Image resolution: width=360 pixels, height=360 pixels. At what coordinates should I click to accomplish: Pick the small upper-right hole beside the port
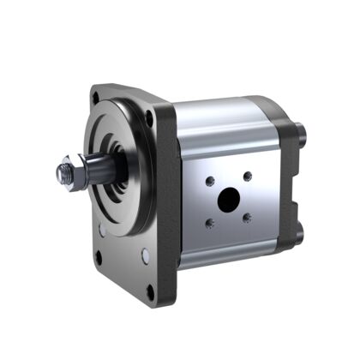tap(247, 177)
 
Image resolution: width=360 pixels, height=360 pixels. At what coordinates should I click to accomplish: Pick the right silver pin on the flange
tap(145, 255)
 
